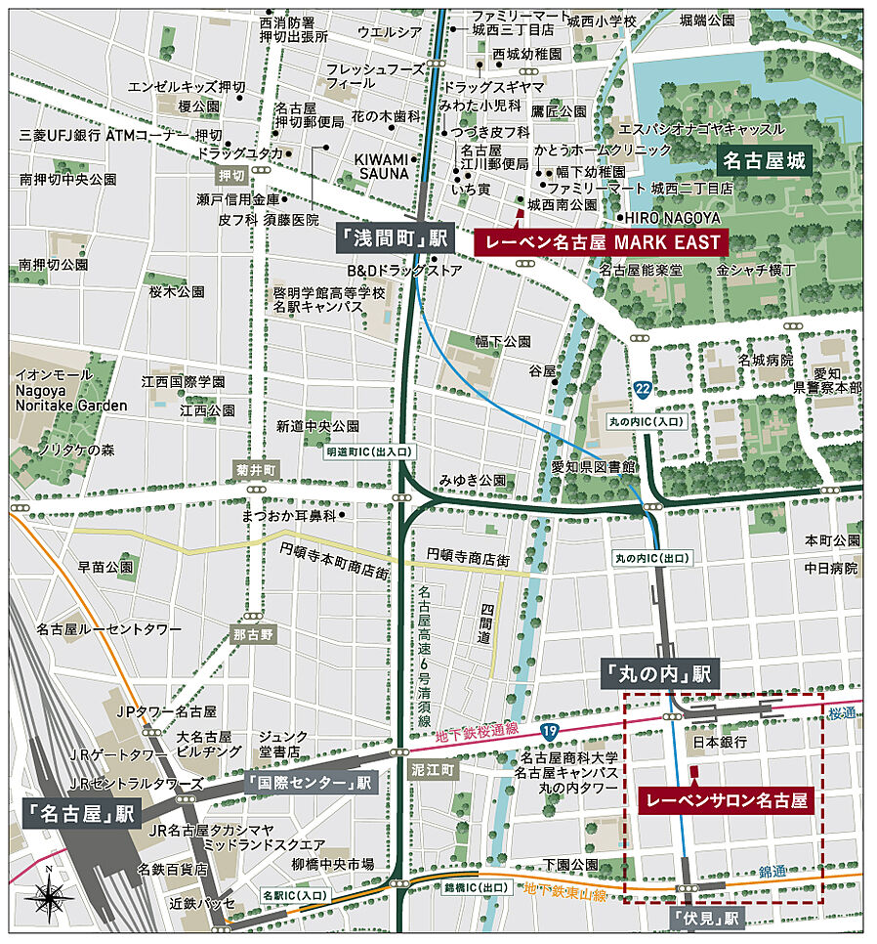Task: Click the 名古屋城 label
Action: (x=766, y=160)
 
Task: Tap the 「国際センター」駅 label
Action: (x=310, y=783)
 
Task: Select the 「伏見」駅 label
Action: (x=708, y=919)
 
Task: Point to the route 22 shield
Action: (x=642, y=389)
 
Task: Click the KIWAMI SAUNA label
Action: (x=381, y=166)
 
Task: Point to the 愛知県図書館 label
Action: (x=593, y=465)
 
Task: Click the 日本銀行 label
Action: (x=719, y=743)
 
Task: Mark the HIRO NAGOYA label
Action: (x=673, y=217)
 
